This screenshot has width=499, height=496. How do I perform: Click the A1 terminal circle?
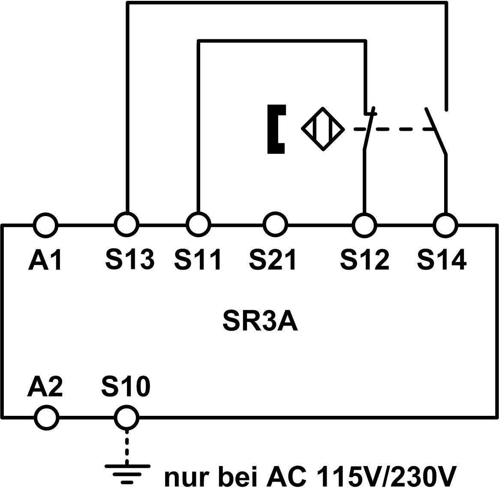tap(45, 225)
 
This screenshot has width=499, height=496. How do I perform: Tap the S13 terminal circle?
tap(126, 224)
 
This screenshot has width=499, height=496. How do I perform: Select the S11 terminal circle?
tap(198, 224)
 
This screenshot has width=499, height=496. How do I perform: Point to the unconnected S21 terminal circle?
tap(275, 224)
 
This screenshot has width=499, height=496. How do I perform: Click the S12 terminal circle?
tap(364, 225)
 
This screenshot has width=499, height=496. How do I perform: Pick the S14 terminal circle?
tap(445, 225)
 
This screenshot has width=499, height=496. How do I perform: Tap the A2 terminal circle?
tap(46, 417)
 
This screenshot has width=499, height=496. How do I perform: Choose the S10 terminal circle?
tap(126, 417)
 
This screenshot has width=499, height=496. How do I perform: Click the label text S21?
tap(273, 260)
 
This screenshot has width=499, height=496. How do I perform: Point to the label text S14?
tap(442, 260)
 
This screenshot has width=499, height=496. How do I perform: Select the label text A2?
tap(45, 386)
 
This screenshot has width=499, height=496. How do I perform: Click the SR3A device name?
tap(260, 321)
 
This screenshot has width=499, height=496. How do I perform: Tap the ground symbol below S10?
tap(127, 472)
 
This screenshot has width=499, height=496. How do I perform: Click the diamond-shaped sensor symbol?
tap(323, 129)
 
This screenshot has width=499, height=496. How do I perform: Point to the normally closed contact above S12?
tap(368, 129)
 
